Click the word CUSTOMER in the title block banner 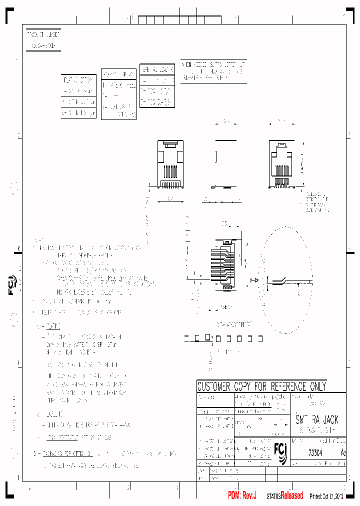tap(214, 386)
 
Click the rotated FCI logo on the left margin tap(12, 285)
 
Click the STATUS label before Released tap(273, 496)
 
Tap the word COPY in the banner tap(243, 386)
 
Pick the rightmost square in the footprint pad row tap(260, 339)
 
